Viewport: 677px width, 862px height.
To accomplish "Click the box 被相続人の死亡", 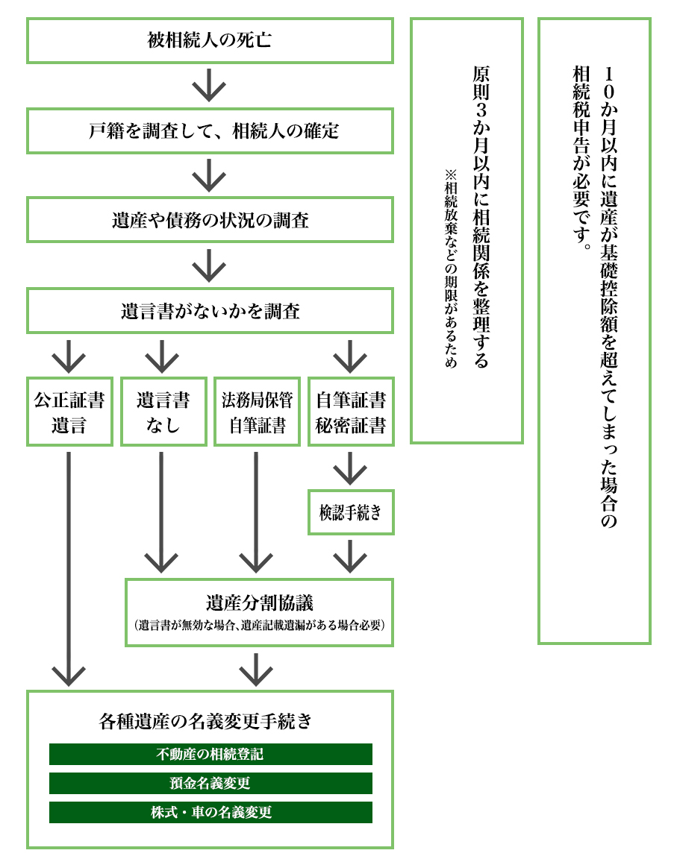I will (210, 40).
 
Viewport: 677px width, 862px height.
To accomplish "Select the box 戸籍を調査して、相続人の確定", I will (210, 131).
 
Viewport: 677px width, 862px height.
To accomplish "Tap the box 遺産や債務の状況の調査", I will (210, 220).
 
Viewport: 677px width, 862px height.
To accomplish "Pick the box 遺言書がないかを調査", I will (210, 310).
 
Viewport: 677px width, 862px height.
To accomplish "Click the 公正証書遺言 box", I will (69, 412).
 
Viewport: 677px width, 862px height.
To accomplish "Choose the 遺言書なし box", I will (163, 412).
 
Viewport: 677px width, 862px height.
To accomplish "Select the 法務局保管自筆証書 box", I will (258, 412).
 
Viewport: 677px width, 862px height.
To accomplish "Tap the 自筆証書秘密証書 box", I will (351, 412).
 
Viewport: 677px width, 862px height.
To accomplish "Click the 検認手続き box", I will (351, 512).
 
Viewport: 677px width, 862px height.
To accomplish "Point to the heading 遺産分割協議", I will (259, 601).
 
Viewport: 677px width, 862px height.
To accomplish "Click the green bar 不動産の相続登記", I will (210, 754).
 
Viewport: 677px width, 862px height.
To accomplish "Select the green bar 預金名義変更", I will (210, 783).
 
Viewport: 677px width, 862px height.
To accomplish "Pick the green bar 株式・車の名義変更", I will (210, 812).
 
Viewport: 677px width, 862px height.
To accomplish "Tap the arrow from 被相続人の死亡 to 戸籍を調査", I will (209, 85).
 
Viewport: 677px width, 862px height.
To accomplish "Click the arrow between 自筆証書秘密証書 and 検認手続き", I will (350, 468).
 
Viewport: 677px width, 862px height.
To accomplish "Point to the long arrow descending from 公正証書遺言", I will (69, 567).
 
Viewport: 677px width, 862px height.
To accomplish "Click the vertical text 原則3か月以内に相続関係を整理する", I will (481, 216).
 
